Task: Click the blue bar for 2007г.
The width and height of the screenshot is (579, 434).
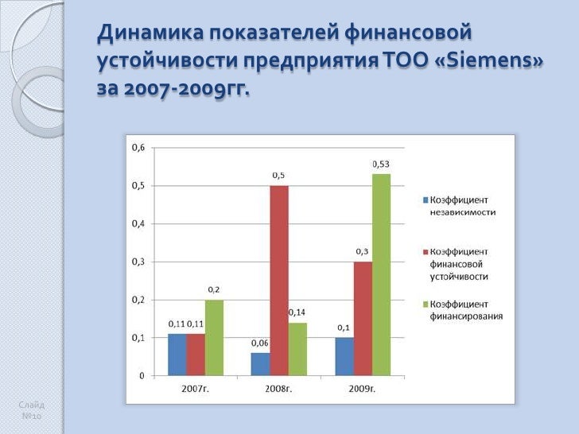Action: click(x=177, y=355)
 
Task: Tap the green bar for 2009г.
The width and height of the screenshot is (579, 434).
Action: click(x=382, y=274)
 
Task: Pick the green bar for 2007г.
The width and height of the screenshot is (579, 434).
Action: click(x=214, y=337)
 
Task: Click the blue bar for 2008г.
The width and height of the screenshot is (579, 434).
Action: click(x=260, y=364)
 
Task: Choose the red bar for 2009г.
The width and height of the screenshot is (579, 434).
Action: click(x=363, y=318)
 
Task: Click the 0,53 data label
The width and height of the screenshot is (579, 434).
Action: click(x=381, y=164)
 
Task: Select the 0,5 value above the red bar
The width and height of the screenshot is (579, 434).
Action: click(x=279, y=175)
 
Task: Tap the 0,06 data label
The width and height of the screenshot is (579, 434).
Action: click(x=259, y=343)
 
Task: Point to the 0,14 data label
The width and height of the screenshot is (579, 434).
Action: click(x=297, y=312)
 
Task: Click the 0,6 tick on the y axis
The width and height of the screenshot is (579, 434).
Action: click(x=138, y=148)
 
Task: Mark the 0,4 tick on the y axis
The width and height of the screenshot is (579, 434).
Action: click(x=138, y=224)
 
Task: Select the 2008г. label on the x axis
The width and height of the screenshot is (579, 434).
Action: click(x=278, y=389)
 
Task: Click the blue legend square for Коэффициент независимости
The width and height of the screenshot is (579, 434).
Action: click(x=426, y=200)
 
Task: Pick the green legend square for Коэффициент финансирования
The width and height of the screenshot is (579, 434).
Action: click(x=426, y=304)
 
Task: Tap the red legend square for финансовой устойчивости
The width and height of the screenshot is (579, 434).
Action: click(x=426, y=252)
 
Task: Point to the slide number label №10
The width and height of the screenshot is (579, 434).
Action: click(x=32, y=417)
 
